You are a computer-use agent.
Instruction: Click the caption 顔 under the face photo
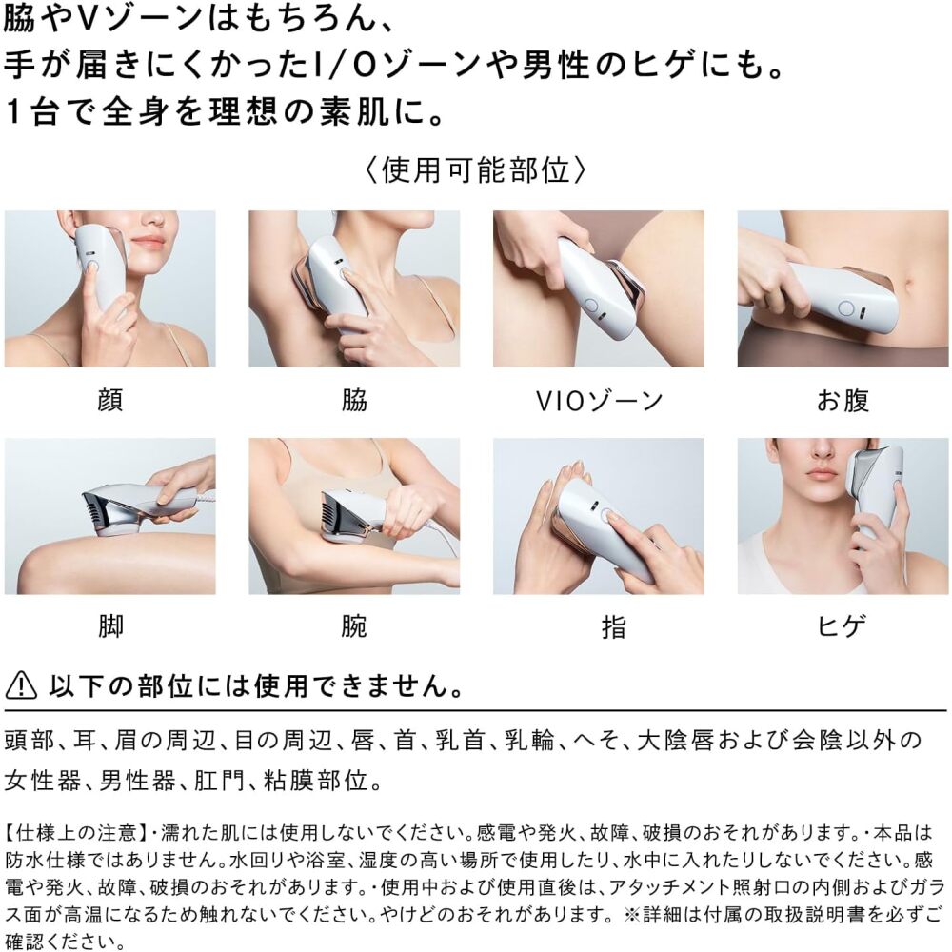point(109,400)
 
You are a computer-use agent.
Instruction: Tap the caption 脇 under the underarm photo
point(354,400)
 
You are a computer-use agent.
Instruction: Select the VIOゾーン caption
point(599,401)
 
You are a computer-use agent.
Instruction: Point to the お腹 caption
point(843,401)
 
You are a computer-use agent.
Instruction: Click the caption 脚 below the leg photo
point(110,626)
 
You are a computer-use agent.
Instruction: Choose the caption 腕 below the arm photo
point(354,626)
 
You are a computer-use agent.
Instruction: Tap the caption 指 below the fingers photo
point(614,626)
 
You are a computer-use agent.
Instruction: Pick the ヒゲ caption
point(842,626)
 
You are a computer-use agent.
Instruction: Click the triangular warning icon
point(21,685)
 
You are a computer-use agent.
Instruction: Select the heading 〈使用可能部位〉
point(475,170)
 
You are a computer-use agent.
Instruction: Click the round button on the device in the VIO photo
point(591,306)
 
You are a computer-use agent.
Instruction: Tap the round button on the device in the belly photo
point(845,308)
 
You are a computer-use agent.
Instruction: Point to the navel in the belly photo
point(909,284)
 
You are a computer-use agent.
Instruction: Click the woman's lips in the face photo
point(148,243)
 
